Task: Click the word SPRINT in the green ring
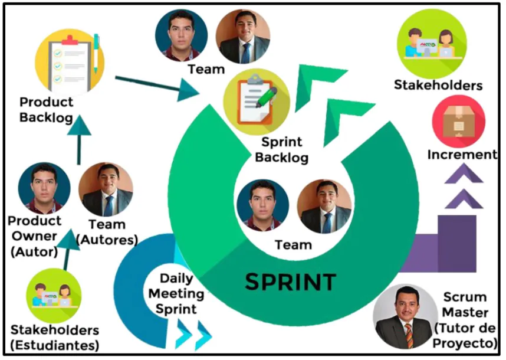[290, 282]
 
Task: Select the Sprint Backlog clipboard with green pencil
[257, 102]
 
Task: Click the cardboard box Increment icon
[459, 122]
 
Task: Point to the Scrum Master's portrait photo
[403, 316]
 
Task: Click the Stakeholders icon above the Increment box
[432, 44]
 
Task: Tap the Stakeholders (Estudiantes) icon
[54, 296]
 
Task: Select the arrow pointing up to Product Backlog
[79, 140]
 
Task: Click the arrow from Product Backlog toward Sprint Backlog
[157, 87]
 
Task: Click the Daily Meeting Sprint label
[176, 293]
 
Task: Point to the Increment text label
[462, 155]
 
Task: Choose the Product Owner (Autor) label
[35, 236]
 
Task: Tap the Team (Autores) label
[107, 232]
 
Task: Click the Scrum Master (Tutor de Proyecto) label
[465, 320]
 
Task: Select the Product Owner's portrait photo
[44, 188]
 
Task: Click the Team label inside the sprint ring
[293, 245]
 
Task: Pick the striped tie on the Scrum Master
[409, 336]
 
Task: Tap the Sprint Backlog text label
[282, 150]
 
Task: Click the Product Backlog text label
[46, 110]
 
